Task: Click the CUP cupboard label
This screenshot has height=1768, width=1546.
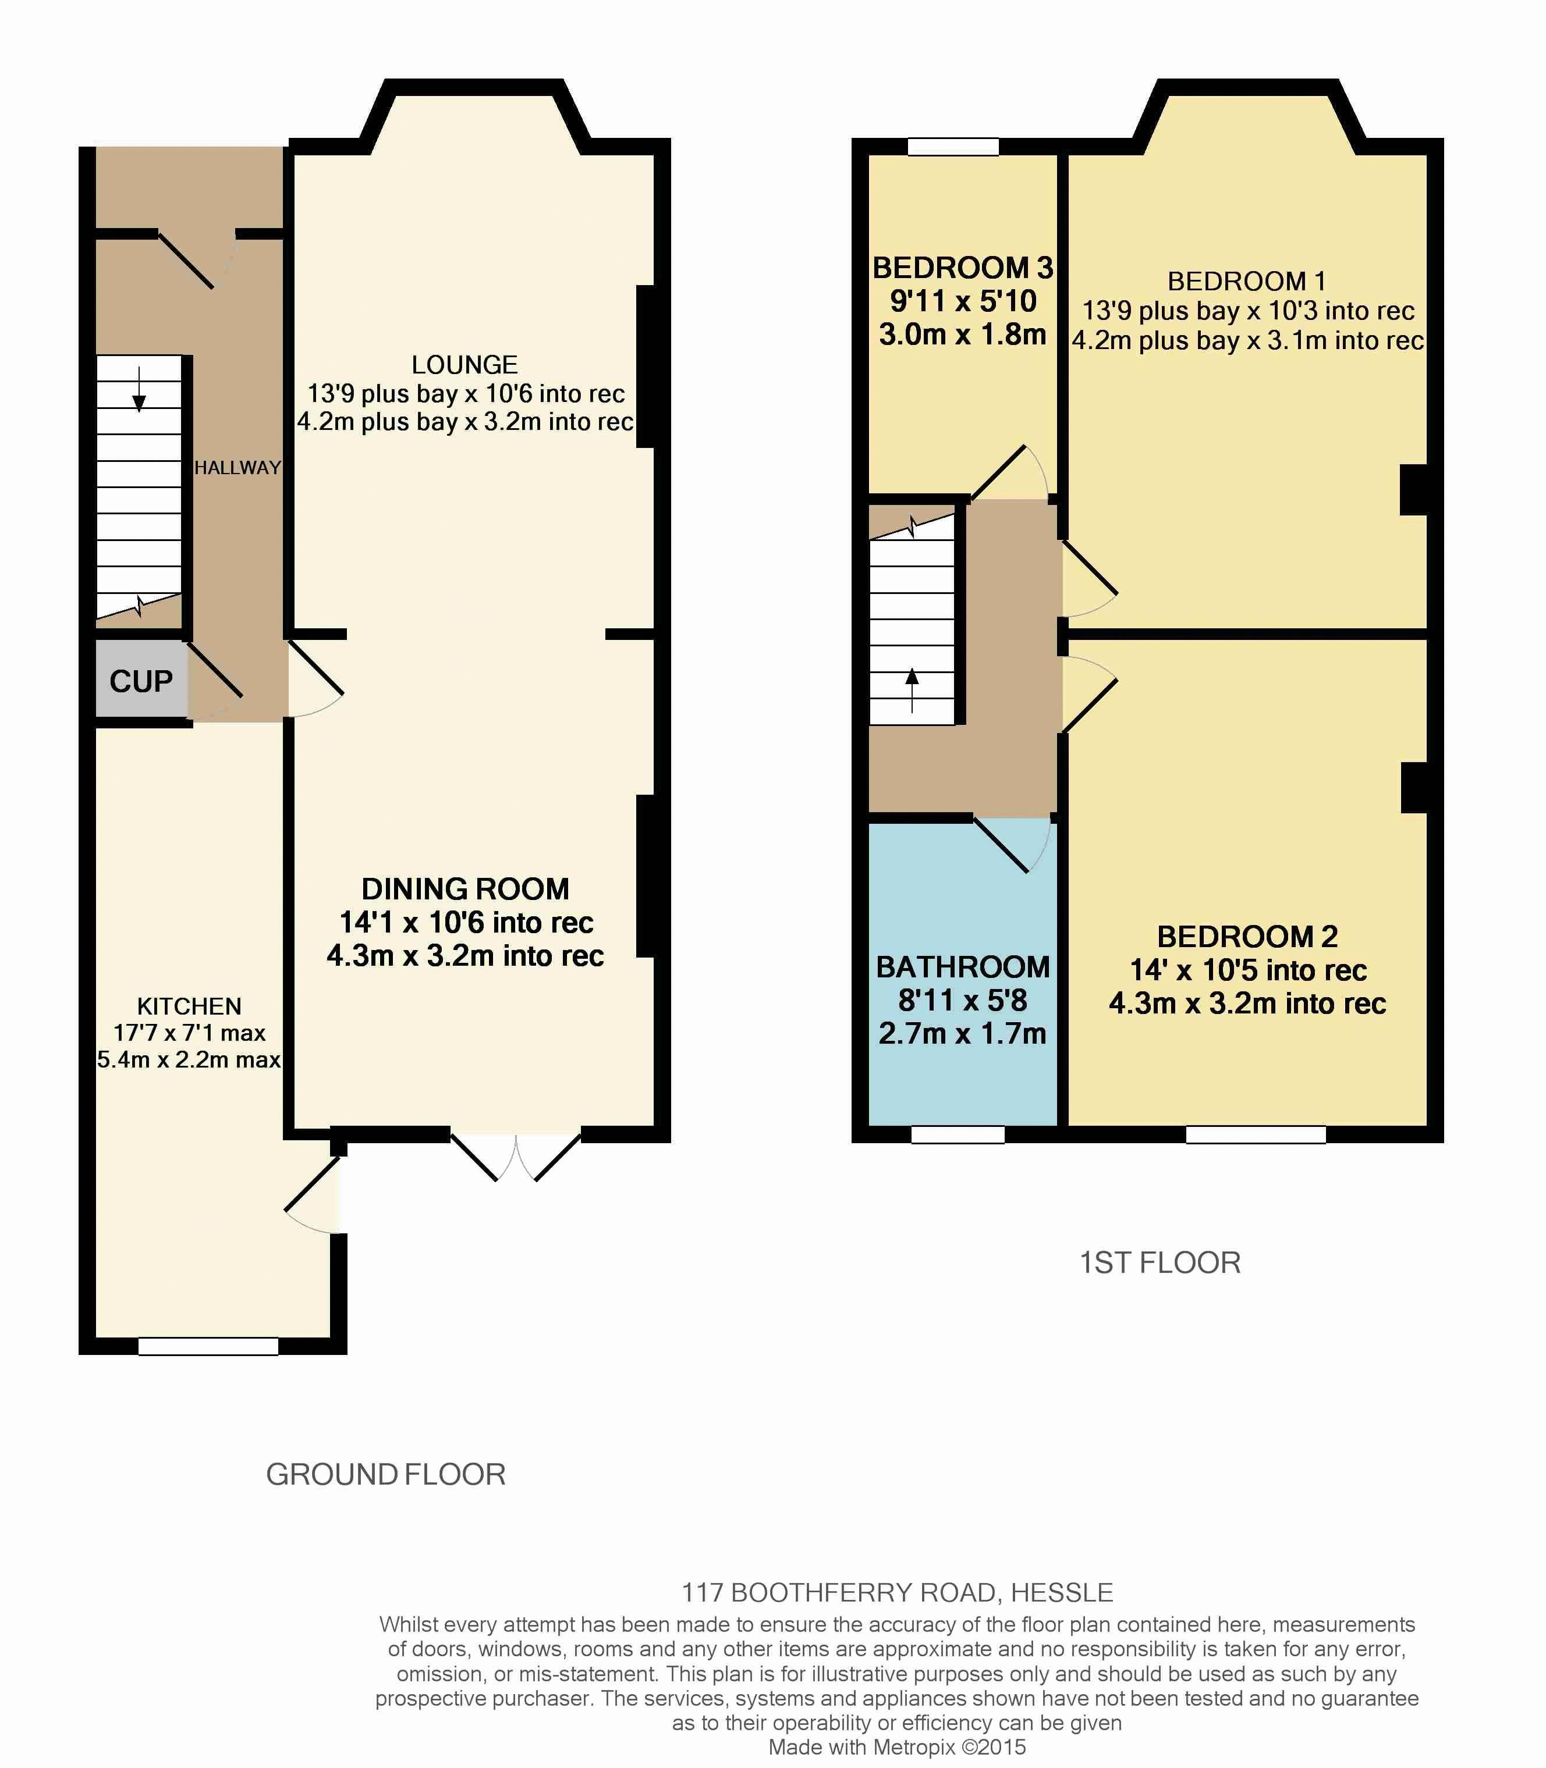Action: coord(141,681)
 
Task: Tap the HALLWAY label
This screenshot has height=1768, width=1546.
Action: coord(237,467)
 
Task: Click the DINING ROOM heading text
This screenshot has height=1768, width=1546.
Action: coord(465,889)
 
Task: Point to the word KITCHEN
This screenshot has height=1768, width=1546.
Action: coord(189,1006)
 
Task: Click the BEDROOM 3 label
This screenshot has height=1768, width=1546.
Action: coord(963,268)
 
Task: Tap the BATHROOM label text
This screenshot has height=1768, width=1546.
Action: coord(963,967)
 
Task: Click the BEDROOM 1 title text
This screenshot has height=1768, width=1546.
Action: coord(1247,281)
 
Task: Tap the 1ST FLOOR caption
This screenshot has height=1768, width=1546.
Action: coord(1160,1262)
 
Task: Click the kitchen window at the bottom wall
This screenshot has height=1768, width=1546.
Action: coord(208,1346)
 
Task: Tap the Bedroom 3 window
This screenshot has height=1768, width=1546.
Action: coord(953,147)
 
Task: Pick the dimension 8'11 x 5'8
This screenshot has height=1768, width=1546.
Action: coord(963,1001)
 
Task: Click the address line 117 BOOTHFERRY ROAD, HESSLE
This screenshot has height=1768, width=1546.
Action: coord(897,1593)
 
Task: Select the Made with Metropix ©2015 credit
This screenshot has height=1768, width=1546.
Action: coord(897,1747)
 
